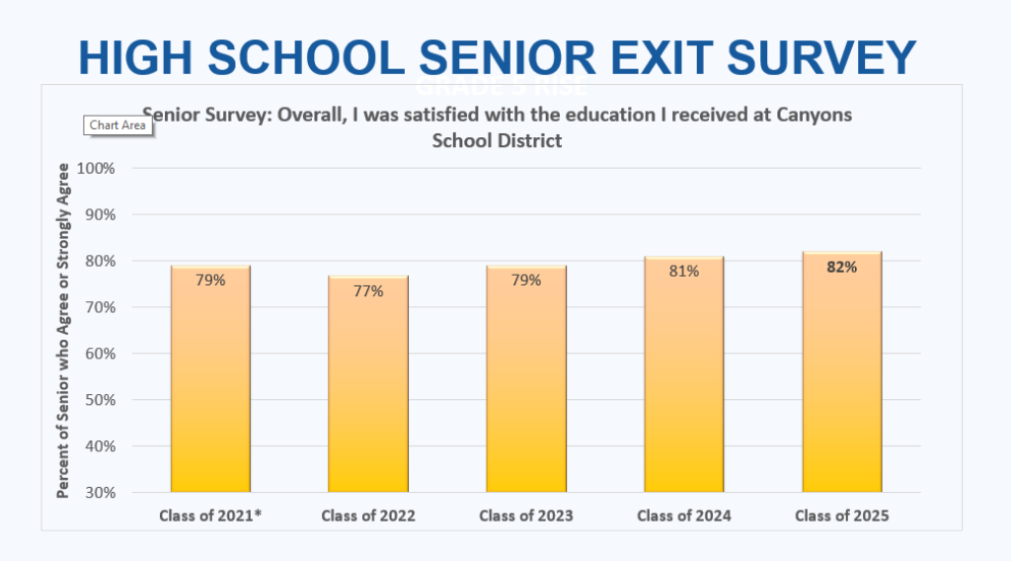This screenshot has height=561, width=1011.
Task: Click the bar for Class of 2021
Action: [210, 385]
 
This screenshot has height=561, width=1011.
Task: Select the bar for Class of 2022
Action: [368, 390]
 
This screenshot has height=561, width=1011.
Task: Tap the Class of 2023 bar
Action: [526, 385]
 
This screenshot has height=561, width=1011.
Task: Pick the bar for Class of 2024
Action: [684, 380]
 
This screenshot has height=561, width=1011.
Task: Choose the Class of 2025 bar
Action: [842, 380]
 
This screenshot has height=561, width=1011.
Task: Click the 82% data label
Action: [842, 267]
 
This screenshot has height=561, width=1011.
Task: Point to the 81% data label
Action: [684, 272]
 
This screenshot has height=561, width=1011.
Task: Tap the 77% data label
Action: [368, 290]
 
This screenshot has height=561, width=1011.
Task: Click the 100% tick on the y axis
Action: [97, 168]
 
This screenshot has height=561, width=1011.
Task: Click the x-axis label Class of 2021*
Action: [210, 516]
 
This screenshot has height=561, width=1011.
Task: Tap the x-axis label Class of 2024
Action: [684, 516]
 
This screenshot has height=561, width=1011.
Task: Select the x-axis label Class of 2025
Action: [842, 516]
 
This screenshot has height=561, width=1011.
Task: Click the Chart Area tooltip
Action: [117, 125]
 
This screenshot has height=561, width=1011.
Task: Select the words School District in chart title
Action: [497, 140]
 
